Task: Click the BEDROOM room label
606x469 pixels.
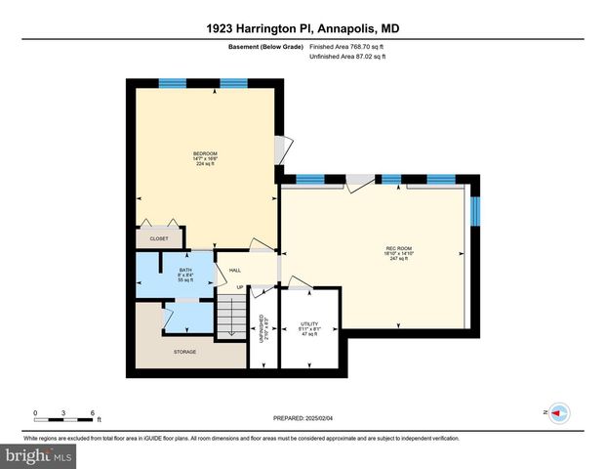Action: [205, 153]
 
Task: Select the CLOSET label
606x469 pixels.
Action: [158, 238]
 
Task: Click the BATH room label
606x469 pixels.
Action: [185, 270]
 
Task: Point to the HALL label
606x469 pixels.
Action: [235, 271]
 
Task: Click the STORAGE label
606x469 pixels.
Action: [184, 352]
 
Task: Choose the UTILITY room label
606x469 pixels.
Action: [310, 322]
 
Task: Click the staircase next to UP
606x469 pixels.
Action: [230, 316]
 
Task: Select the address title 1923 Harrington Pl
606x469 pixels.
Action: [303, 29]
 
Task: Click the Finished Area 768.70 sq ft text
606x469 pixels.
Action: [347, 46]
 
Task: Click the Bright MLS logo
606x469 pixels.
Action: [39, 456]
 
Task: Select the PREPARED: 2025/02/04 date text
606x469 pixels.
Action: [303, 418]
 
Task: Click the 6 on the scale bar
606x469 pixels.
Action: [91, 411]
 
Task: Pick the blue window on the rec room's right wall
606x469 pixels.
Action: [476, 211]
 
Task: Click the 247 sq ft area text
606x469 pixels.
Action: [395, 259]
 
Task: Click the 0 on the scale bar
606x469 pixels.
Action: [35, 411]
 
